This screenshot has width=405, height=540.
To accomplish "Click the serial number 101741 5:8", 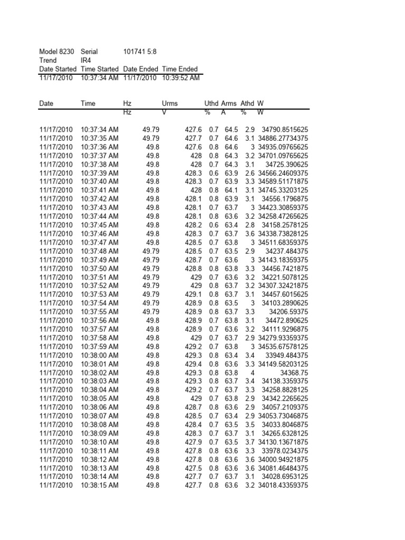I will pos(140,52).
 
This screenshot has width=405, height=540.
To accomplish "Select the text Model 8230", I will pos(57,52).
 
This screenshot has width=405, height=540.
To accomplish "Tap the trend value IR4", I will pos(86,60).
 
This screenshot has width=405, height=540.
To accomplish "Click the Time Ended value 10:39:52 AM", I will pos(180,78).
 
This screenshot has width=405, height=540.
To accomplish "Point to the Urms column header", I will pos(170,103).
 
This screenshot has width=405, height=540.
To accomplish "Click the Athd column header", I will pos(247,103).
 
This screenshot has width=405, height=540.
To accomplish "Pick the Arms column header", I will pos(229,103).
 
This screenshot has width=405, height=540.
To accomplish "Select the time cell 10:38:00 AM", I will pos(100,355).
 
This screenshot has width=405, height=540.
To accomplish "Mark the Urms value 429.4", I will pos(194,364).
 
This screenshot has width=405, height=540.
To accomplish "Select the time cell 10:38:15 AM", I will pos(100,485).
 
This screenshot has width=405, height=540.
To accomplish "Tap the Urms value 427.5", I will pos(194,468).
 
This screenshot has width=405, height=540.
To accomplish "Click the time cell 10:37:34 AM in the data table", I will pos(100,129).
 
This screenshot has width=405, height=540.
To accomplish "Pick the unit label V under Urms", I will pos(164,112).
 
